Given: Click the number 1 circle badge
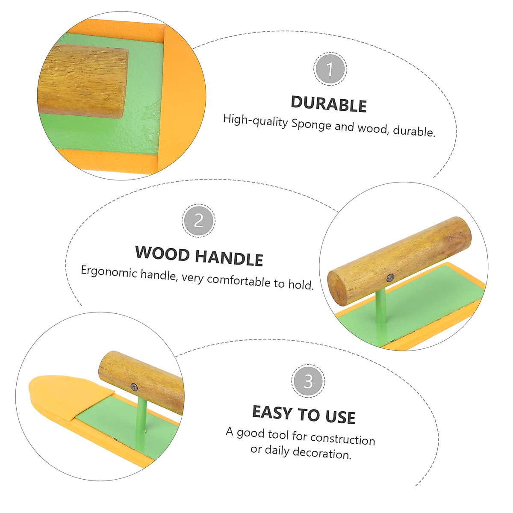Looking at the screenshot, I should (330, 69).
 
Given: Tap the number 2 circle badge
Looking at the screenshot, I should (199, 221).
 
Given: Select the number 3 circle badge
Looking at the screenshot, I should (308, 381).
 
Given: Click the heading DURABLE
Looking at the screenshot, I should (328, 105).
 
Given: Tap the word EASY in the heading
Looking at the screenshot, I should (272, 413).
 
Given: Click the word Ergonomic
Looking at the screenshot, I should (109, 272).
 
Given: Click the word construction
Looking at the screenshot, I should (342, 439).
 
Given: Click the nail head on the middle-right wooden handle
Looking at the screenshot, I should (390, 278).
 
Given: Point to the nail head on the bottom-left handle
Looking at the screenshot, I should (134, 387).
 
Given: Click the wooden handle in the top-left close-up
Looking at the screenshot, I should (83, 81).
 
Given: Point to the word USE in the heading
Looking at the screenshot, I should (340, 416).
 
